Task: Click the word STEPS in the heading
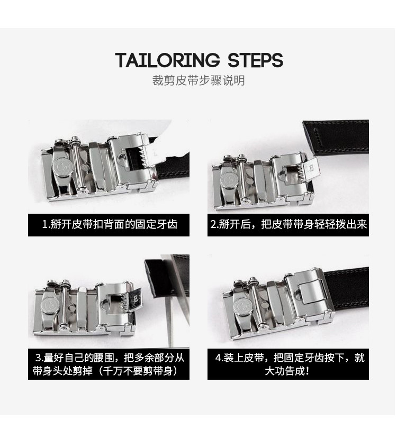255,60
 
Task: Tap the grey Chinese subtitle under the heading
198,80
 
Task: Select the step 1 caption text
110,224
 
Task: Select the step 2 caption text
288,224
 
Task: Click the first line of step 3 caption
110,358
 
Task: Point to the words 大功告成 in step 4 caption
284,371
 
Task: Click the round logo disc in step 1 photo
62,167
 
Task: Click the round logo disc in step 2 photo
229,180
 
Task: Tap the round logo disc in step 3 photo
50,305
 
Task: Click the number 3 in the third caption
38,358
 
